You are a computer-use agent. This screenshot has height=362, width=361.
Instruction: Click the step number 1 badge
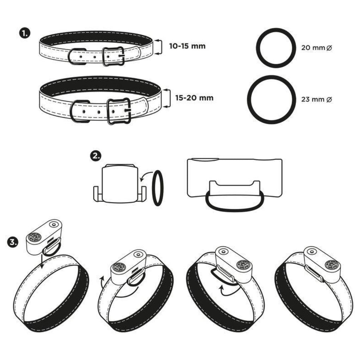click(24, 34)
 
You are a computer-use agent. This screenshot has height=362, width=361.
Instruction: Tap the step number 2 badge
click(96, 156)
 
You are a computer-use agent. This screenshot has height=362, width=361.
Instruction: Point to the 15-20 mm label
click(194, 98)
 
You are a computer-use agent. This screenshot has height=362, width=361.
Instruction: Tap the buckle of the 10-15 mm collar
click(114, 56)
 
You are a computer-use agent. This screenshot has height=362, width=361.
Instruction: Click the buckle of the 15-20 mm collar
click(119, 111)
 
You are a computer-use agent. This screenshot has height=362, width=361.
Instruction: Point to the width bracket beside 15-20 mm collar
click(168, 98)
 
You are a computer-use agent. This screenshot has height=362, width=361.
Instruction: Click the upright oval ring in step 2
click(158, 188)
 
